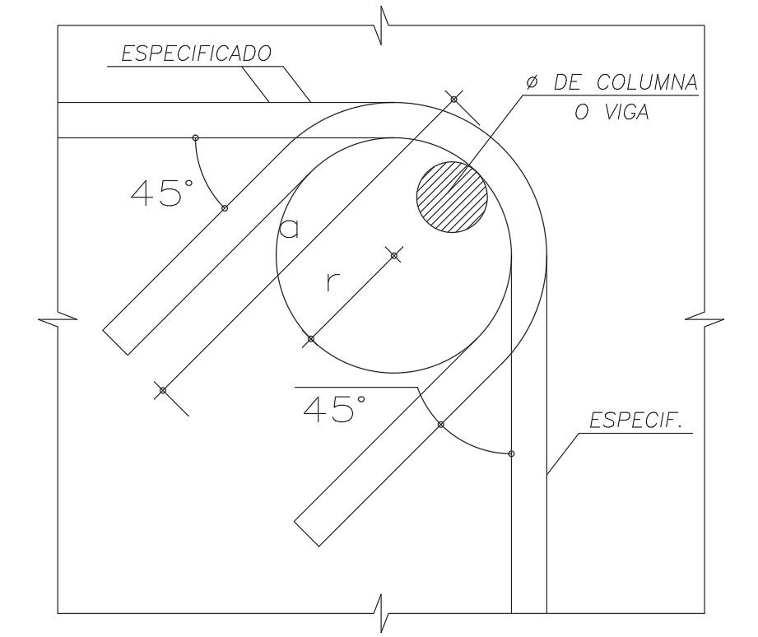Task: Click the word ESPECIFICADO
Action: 196,53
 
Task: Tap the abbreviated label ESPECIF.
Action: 636,421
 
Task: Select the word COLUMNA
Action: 647,82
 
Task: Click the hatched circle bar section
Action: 452,197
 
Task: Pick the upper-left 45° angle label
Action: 162,193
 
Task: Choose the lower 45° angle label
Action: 334,408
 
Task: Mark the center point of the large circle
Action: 394,255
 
